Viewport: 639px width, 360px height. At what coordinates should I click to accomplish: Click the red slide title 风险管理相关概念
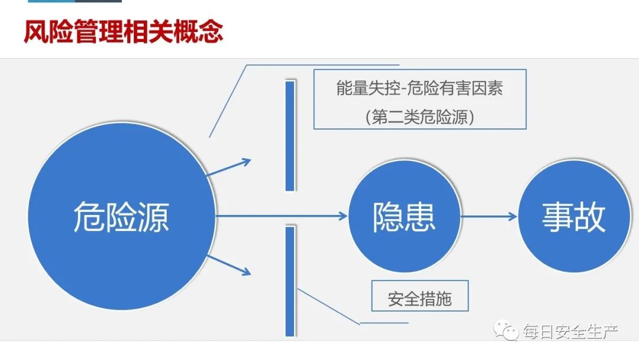[124, 31]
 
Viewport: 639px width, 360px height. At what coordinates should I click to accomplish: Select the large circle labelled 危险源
[121, 216]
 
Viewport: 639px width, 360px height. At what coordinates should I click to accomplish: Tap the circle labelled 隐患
[404, 216]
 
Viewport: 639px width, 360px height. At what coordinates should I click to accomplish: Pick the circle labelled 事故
[574, 216]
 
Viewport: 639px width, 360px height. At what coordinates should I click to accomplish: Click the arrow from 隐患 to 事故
[489, 217]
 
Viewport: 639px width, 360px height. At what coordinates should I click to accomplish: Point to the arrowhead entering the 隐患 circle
[343, 216]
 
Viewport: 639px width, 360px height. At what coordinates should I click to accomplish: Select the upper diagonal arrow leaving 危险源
[228, 168]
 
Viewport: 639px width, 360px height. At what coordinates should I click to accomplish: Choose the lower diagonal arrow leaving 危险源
[228, 265]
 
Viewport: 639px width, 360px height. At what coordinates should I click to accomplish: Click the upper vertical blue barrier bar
[290, 136]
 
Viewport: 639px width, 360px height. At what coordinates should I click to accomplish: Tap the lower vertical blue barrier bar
[290, 281]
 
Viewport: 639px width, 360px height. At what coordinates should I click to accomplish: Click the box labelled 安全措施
[419, 296]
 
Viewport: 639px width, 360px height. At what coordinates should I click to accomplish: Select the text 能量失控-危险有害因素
[419, 88]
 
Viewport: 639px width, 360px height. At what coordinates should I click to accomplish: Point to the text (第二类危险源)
[419, 117]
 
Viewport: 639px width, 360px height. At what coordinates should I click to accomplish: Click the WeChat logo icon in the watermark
[505, 330]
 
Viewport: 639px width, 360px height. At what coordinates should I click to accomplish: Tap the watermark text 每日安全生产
[570, 332]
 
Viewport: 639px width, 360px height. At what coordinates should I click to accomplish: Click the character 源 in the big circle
[153, 217]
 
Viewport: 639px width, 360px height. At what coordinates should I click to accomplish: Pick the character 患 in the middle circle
[420, 217]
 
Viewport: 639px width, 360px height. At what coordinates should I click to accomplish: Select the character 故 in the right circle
[590, 217]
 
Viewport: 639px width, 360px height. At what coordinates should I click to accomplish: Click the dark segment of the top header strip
[98, 1]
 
